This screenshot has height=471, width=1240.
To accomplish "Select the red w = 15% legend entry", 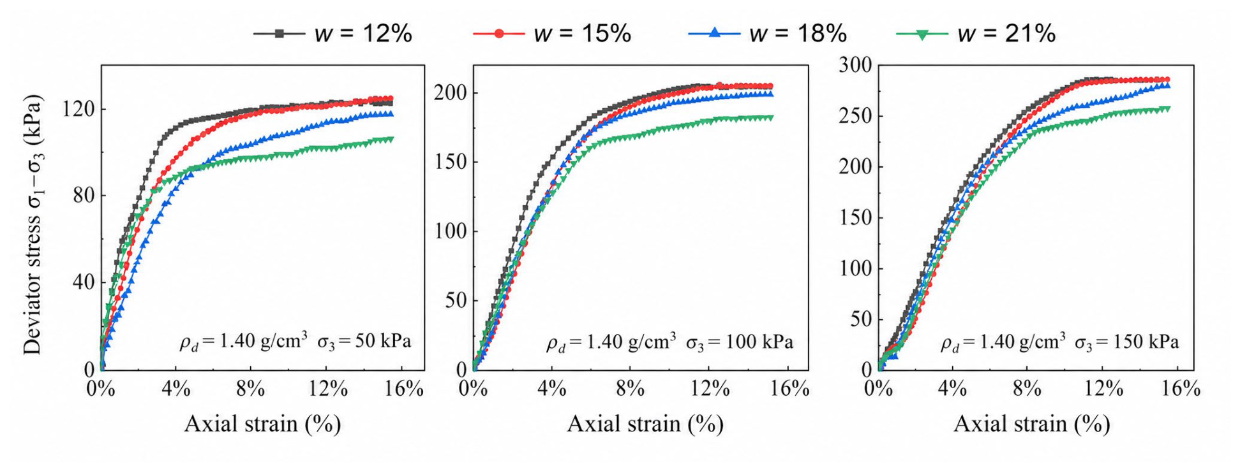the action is (553, 33).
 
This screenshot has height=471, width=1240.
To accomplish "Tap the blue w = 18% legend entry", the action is (768, 33).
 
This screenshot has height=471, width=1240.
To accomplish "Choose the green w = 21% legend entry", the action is (976, 33).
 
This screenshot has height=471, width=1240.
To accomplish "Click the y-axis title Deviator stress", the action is (33, 224).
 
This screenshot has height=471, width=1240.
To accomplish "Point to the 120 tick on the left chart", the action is (78, 109).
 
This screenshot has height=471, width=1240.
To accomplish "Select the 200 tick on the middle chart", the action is (451, 92).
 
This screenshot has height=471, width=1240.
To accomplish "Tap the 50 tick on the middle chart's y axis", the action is (456, 300).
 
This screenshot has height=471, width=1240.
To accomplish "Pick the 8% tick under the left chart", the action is (250, 389).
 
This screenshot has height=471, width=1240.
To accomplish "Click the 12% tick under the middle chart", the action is (710, 389).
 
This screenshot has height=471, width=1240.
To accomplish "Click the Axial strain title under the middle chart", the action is (645, 424).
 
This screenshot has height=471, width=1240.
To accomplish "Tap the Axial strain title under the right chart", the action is (1032, 424).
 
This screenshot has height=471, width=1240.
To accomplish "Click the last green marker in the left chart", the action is (390, 139).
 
